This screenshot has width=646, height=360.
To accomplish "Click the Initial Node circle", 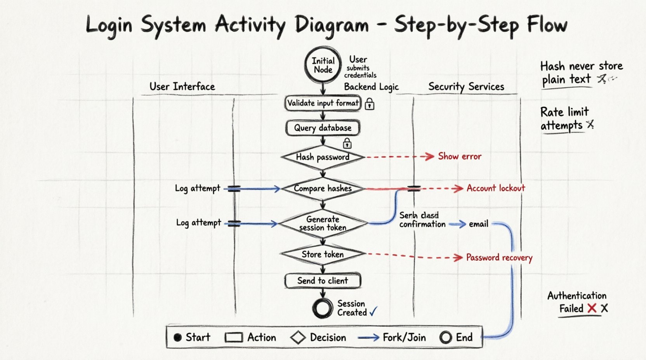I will pyautogui.click(x=323, y=65).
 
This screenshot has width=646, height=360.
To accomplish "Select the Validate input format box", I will pyautogui.click(x=323, y=103).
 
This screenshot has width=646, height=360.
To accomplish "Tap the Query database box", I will pyautogui.click(x=323, y=128).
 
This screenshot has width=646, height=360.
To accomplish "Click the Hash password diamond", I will pyautogui.click(x=323, y=157).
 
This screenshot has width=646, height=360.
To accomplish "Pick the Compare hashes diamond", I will pyautogui.click(x=323, y=189).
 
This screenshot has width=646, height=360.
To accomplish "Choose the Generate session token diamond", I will pyautogui.click(x=323, y=223).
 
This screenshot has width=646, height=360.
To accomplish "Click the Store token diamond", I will pyautogui.click(x=323, y=254).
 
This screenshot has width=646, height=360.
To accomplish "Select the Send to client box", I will pyautogui.click(x=323, y=281).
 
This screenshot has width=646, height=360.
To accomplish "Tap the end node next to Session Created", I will pyautogui.click(x=323, y=308).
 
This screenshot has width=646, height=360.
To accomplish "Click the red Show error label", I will pyautogui.click(x=460, y=156).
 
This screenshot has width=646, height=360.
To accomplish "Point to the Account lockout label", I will pyautogui.click(x=496, y=188).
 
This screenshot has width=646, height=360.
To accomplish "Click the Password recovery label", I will pyautogui.click(x=499, y=258).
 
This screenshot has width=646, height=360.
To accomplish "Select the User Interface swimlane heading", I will pyautogui.click(x=182, y=87).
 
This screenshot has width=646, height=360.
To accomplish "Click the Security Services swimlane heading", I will pyautogui.click(x=466, y=87).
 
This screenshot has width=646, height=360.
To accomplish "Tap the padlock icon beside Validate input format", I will pyautogui.click(x=370, y=104).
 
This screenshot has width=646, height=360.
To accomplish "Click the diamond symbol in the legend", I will pyautogui.click(x=298, y=337).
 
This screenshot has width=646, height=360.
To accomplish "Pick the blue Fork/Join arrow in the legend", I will pyautogui.click(x=368, y=338).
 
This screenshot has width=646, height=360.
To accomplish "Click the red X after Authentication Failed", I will pyautogui.click(x=592, y=308).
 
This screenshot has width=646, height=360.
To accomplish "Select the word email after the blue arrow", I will pyautogui.click(x=478, y=224).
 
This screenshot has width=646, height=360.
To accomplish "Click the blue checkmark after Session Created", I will pyautogui.click(x=373, y=312).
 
